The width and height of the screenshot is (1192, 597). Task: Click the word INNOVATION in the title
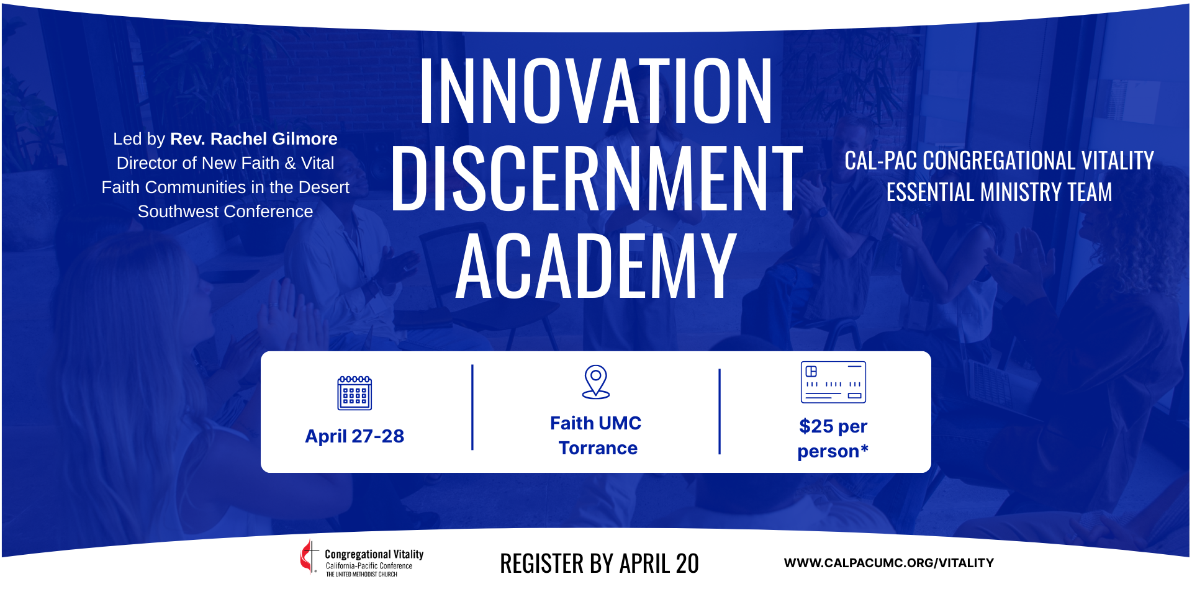tap(596, 91)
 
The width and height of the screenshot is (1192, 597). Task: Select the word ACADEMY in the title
tap(596, 266)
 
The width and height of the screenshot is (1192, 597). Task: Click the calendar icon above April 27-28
tap(354, 393)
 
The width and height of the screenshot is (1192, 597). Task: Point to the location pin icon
tap(596, 382)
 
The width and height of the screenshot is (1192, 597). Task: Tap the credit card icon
tap(833, 382)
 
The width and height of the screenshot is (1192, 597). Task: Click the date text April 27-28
tap(354, 436)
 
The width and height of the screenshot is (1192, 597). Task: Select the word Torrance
tap(598, 448)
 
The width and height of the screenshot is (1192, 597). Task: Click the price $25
tap(816, 426)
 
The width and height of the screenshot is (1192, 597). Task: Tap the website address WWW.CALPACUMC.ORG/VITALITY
tap(889, 563)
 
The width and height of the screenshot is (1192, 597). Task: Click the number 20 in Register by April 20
tap(687, 563)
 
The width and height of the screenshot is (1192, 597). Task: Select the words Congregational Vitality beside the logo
tap(374, 554)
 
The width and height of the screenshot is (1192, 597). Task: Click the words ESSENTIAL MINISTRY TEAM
tap(999, 192)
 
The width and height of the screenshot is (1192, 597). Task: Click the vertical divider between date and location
tap(472, 407)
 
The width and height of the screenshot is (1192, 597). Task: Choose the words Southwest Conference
tap(225, 212)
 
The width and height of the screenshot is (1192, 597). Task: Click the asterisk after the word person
tap(865, 448)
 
